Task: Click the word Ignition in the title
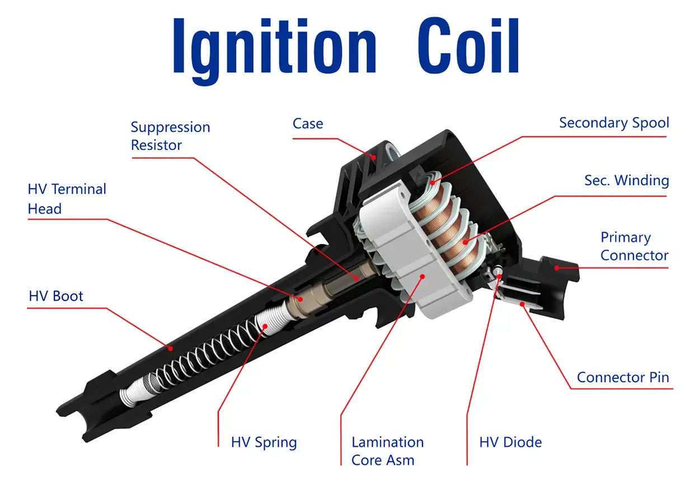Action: [275, 50]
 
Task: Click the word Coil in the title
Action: [468, 45]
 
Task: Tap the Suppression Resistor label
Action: [170, 136]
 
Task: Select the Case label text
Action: [308, 124]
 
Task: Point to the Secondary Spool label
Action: [614, 123]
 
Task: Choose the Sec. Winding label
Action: [627, 180]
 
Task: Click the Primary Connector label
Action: [634, 246]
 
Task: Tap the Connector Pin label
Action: [623, 377]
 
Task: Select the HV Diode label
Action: [510, 442]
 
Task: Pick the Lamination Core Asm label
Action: [387, 451]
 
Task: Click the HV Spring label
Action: [264, 443]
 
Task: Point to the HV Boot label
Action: [56, 296]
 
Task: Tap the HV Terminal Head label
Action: [67, 199]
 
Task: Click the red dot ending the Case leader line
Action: [374, 157]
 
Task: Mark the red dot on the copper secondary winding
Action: [465, 242]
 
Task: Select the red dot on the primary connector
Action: [557, 268]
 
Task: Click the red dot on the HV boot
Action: [170, 348]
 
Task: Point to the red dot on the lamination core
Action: [423, 276]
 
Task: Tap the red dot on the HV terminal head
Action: [300, 299]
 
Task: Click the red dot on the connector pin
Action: [522, 304]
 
